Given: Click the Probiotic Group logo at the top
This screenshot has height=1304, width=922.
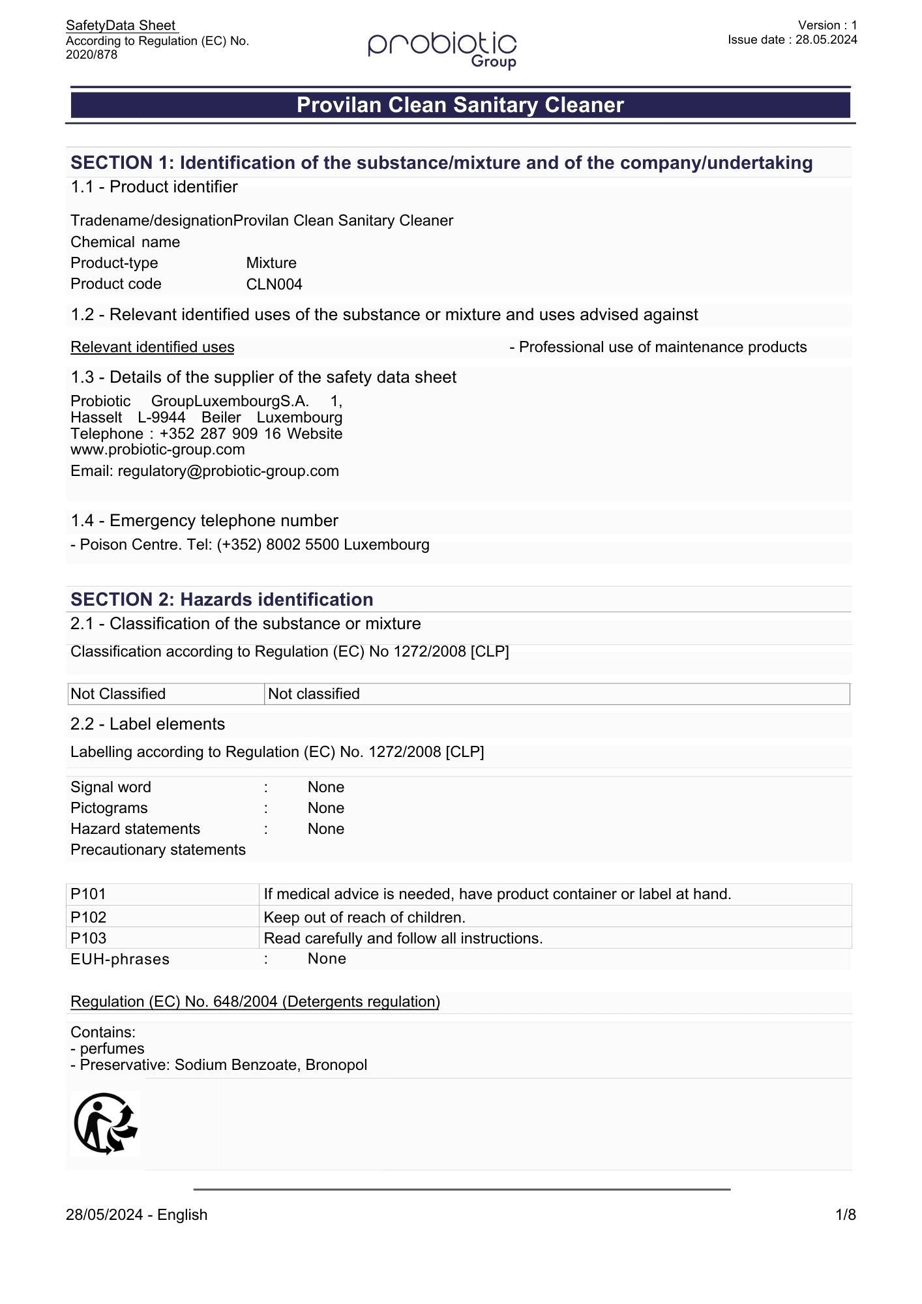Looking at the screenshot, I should pos(442,50).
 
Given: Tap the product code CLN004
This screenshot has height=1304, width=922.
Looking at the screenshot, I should pos(274,284).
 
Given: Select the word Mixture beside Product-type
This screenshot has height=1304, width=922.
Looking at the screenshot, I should pos(271,263).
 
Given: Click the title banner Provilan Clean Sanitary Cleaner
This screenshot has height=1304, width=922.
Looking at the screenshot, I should pos(460,105).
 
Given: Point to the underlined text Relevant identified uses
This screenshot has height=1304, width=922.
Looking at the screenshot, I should pos(153,347).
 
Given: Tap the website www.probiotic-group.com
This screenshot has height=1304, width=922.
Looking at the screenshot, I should pos(158,449).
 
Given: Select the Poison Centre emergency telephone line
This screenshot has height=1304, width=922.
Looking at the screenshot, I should pos(250,544).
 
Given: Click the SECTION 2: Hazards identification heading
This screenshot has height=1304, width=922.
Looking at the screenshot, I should pos(222,599).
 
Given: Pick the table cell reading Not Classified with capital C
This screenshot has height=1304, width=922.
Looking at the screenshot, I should pos(118,694).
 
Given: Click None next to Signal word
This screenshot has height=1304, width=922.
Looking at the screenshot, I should pos(326,787).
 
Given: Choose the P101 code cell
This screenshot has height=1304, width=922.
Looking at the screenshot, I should pos(88,894).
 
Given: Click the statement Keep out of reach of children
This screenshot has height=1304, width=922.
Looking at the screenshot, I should pos(364,917).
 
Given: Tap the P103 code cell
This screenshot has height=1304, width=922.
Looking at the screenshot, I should pos(88,938).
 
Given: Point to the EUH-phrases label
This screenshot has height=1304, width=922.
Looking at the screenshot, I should pos(120,959).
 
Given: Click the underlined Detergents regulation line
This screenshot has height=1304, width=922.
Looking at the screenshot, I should pos(255,1001).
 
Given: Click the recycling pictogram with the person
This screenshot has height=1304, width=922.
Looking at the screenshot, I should pos(105,1123).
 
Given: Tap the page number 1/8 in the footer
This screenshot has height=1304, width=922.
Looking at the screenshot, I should pos(845,1215).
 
